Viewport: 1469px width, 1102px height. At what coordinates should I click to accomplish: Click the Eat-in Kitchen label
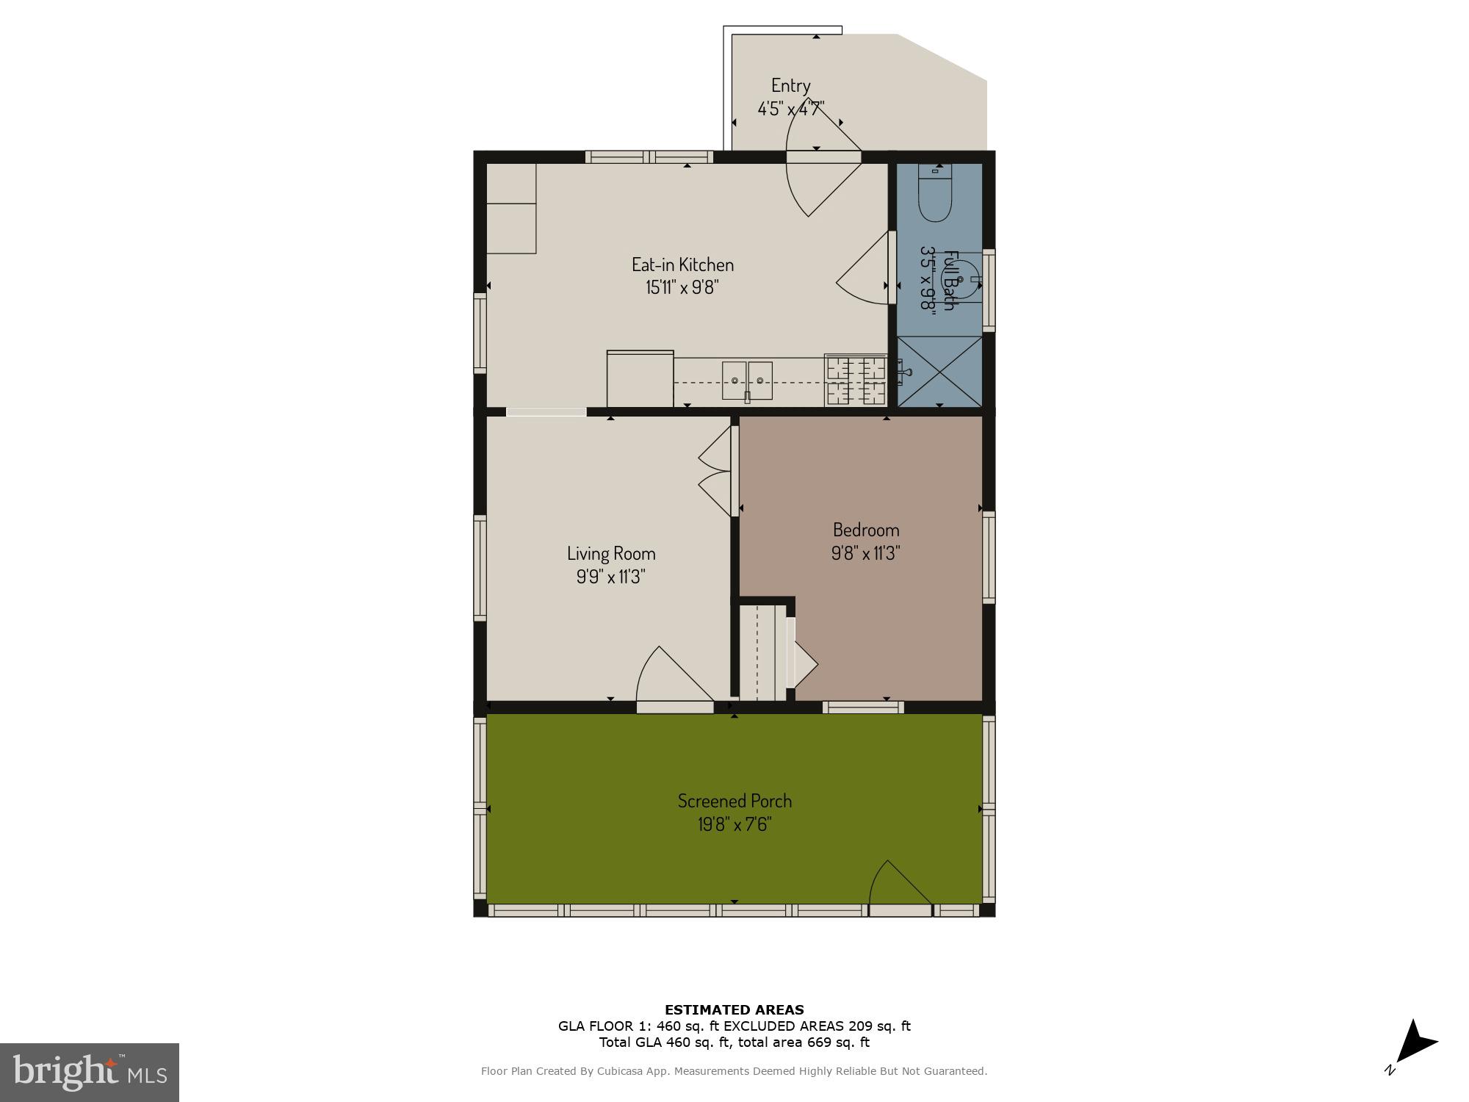point(682,264)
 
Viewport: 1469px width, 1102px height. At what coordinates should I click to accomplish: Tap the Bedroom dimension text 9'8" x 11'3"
point(865,553)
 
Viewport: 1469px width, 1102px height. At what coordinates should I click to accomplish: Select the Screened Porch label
point(734,801)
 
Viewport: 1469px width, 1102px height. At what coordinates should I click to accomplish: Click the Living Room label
point(610,553)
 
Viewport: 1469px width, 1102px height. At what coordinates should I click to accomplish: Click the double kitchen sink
point(747,381)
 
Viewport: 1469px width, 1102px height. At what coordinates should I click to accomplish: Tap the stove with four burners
point(856,381)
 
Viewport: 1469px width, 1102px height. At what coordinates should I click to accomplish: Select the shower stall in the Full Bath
point(939,371)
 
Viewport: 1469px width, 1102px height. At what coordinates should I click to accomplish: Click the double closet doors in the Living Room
point(715,471)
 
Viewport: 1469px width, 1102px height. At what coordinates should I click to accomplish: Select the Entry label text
point(790,85)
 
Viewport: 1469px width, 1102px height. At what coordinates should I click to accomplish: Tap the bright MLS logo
point(89,1072)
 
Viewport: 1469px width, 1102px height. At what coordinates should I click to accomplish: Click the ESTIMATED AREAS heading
point(734,1009)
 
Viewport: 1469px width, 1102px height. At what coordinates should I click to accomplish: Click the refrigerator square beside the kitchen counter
point(640,378)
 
